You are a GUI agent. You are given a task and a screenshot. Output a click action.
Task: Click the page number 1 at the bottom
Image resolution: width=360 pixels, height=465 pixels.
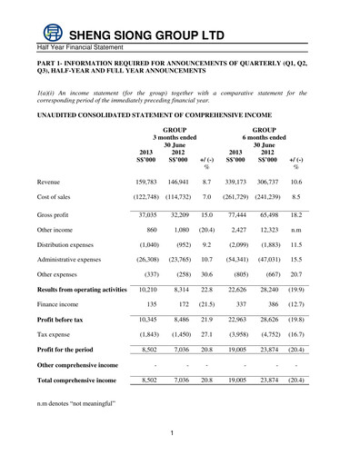(x=172, y=432)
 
